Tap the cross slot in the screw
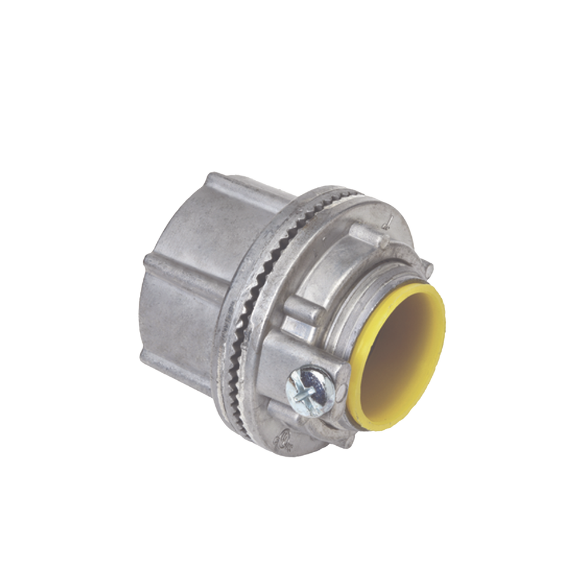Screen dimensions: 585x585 pos(306,388)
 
